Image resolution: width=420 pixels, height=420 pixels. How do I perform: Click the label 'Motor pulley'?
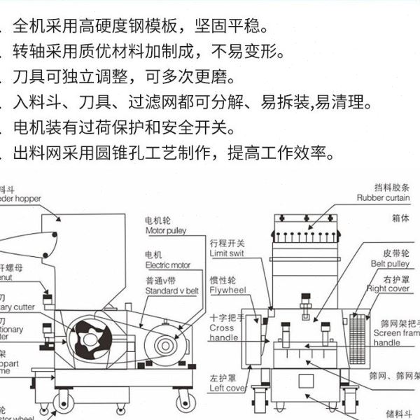(165, 230)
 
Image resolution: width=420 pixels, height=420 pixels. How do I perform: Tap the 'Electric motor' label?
(168, 266)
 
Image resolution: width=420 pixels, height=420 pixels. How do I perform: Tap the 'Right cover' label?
(388, 288)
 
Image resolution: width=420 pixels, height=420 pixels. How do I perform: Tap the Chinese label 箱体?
(400, 218)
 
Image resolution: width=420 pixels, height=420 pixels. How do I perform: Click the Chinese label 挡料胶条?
(388, 188)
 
